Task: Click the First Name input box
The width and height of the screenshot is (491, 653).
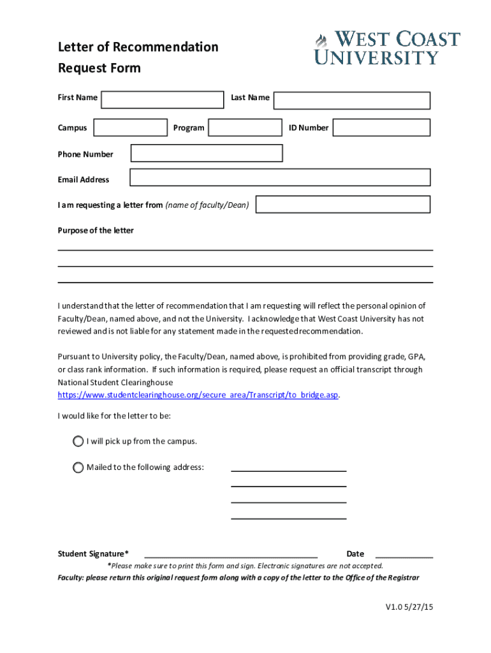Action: click(x=163, y=99)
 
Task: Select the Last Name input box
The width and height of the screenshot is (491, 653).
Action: click(x=352, y=100)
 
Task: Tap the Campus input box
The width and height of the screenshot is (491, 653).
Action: click(x=130, y=128)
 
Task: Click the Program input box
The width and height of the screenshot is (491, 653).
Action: click(x=245, y=128)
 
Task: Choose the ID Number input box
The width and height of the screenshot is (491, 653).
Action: click(x=381, y=128)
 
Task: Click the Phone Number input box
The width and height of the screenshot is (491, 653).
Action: click(x=207, y=153)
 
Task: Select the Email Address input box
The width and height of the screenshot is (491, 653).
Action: click(x=280, y=177)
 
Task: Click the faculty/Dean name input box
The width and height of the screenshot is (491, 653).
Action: click(x=342, y=204)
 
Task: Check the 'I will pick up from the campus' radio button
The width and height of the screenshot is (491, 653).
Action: click(x=78, y=441)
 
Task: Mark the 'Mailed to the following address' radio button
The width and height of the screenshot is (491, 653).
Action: click(x=78, y=467)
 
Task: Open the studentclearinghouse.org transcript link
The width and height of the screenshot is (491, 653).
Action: click(x=198, y=395)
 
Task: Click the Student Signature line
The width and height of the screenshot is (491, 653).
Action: click(x=231, y=554)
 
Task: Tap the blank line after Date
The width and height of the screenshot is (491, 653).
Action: click(x=404, y=554)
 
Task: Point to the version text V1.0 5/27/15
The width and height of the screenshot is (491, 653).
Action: click(x=409, y=607)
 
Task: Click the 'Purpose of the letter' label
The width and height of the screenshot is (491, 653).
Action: click(x=96, y=230)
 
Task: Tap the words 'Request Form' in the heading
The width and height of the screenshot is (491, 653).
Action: click(x=99, y=68)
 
